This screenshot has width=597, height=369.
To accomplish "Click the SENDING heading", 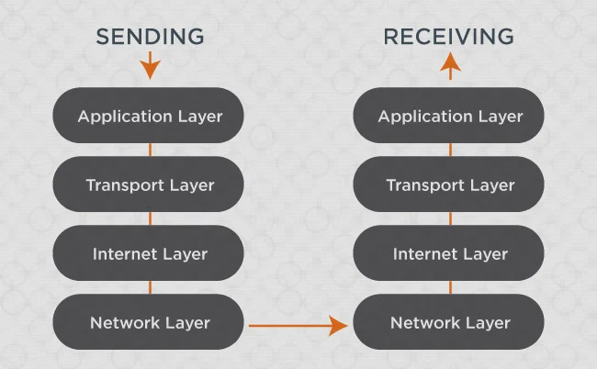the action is (x=150, y=37).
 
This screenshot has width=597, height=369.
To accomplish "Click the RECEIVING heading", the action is (x=448, y=37).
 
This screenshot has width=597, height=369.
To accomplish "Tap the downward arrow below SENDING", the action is (x=150, y=65).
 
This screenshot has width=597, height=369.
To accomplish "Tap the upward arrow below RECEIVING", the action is (x=450, y=66).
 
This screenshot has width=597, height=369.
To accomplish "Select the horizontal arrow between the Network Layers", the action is (x=298, y=326).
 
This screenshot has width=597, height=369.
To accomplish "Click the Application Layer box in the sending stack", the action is (x=148, y=116).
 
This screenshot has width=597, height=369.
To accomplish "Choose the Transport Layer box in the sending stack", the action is (x=148, y=184).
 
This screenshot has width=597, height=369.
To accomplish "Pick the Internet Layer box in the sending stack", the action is (x=148, y=253).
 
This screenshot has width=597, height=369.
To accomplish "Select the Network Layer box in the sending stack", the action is (x=148, y=322).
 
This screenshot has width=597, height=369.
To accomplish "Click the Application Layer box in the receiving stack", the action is (x=448, y=116).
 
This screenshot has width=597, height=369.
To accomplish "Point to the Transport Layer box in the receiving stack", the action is (x=448, y=184).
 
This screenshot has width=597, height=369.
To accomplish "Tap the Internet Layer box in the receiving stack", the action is (x=448, y=253).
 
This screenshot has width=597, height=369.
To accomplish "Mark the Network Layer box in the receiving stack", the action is (x=448, y=322).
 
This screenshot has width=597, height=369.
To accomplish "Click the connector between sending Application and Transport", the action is (x=150, y=150).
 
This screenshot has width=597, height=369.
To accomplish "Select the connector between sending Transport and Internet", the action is (x=150, y=218).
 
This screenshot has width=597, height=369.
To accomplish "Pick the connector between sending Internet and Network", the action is (x=150, y=287).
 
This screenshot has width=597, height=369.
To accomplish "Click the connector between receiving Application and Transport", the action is (x=450, y=150).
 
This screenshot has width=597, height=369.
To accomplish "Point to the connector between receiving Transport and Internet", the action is (x=450, y=218).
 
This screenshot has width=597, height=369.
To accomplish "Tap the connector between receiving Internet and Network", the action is (x=450, y=287).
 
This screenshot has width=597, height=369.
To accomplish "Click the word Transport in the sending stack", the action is (x=125, y=185).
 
